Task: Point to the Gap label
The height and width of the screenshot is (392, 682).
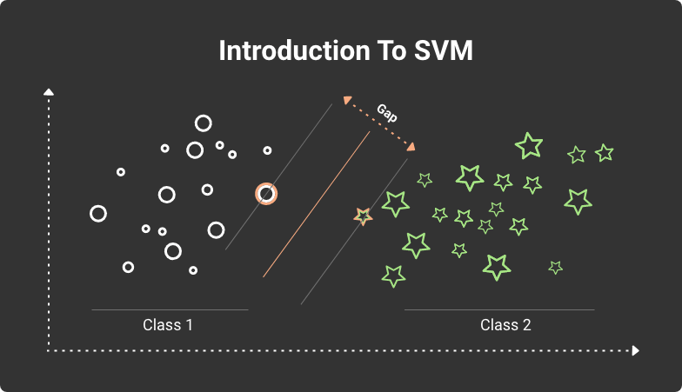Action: [x=387, y=113]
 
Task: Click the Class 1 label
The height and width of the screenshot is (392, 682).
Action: [x=168, y=326]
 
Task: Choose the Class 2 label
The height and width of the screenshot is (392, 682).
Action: [x=505, y=326]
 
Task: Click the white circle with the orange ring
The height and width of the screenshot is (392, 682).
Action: [x=266, y=194]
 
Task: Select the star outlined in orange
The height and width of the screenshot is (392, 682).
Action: [x=363, y=216]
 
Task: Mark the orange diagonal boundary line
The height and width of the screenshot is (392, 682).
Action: [x=317, y=206]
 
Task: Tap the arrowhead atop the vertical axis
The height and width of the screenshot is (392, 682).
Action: [x=49, y=90]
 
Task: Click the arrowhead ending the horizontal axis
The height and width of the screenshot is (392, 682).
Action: [x=635, y=350]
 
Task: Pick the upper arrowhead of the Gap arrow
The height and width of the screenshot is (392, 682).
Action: [x=347, y=99]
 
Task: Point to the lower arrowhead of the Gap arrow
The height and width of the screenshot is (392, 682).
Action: [x=413, y=146]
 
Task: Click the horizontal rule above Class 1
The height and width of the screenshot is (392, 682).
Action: [x=170, y=309]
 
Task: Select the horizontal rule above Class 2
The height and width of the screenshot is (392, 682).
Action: [x=499, y=309]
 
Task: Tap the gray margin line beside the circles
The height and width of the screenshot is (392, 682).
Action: [x=278, y=176]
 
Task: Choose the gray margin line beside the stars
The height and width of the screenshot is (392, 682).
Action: [x=355, y=230]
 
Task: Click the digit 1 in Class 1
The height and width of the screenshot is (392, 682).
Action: [x=189, y=326]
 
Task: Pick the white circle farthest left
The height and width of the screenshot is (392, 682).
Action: [x=98, y=213]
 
